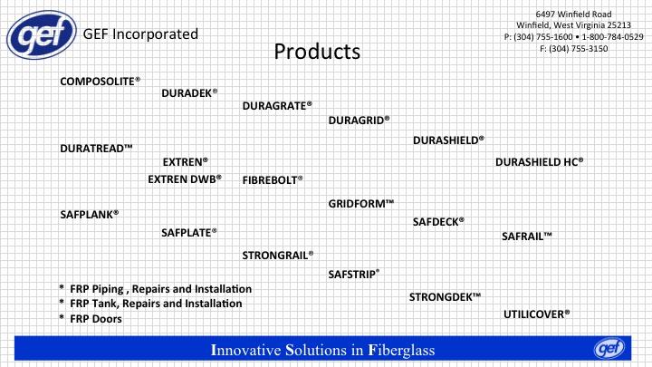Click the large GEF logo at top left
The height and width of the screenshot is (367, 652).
[42, 35]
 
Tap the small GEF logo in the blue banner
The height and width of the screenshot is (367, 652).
[609, 348]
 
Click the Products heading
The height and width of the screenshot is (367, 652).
[317, 52]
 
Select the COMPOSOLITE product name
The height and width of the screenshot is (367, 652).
[100, 82]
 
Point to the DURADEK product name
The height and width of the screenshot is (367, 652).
[189, 92]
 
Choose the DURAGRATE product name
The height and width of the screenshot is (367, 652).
[277, 106]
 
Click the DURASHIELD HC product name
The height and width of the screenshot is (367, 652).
[539, 162]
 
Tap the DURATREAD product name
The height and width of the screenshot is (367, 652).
[96, 149]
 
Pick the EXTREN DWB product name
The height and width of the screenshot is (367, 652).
[185, 179]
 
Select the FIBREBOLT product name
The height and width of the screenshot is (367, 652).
[273, 180]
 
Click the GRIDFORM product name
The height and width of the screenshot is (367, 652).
[361, 204]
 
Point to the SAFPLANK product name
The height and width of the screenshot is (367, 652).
[90, 215]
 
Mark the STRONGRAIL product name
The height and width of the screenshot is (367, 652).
[278, 256]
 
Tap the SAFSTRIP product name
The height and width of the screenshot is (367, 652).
[354, 275]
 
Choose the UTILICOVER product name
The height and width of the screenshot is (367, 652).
[536, 314]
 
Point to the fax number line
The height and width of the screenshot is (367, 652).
[574, 49]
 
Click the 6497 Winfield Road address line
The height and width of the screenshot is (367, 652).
[573, 14]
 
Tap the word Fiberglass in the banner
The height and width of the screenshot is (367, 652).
[401, 351]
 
